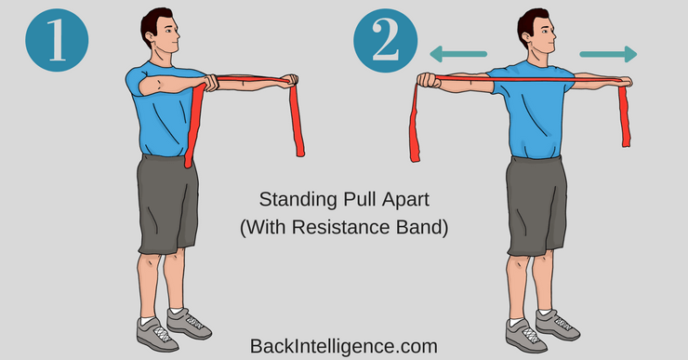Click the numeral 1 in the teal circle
(57, 40)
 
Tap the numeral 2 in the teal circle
(386, 40)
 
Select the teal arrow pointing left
(458, 54)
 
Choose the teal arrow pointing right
(608, 54)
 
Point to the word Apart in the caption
(405, 200)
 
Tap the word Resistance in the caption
(340, 227)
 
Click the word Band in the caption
(419, 227)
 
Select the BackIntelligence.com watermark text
(344, 346)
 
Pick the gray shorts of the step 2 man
(536, 206)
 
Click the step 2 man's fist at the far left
(428, 80)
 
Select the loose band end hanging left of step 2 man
(415, 123)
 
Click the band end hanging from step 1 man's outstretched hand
(298, 119)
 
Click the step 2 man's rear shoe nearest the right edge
(557, 325)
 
